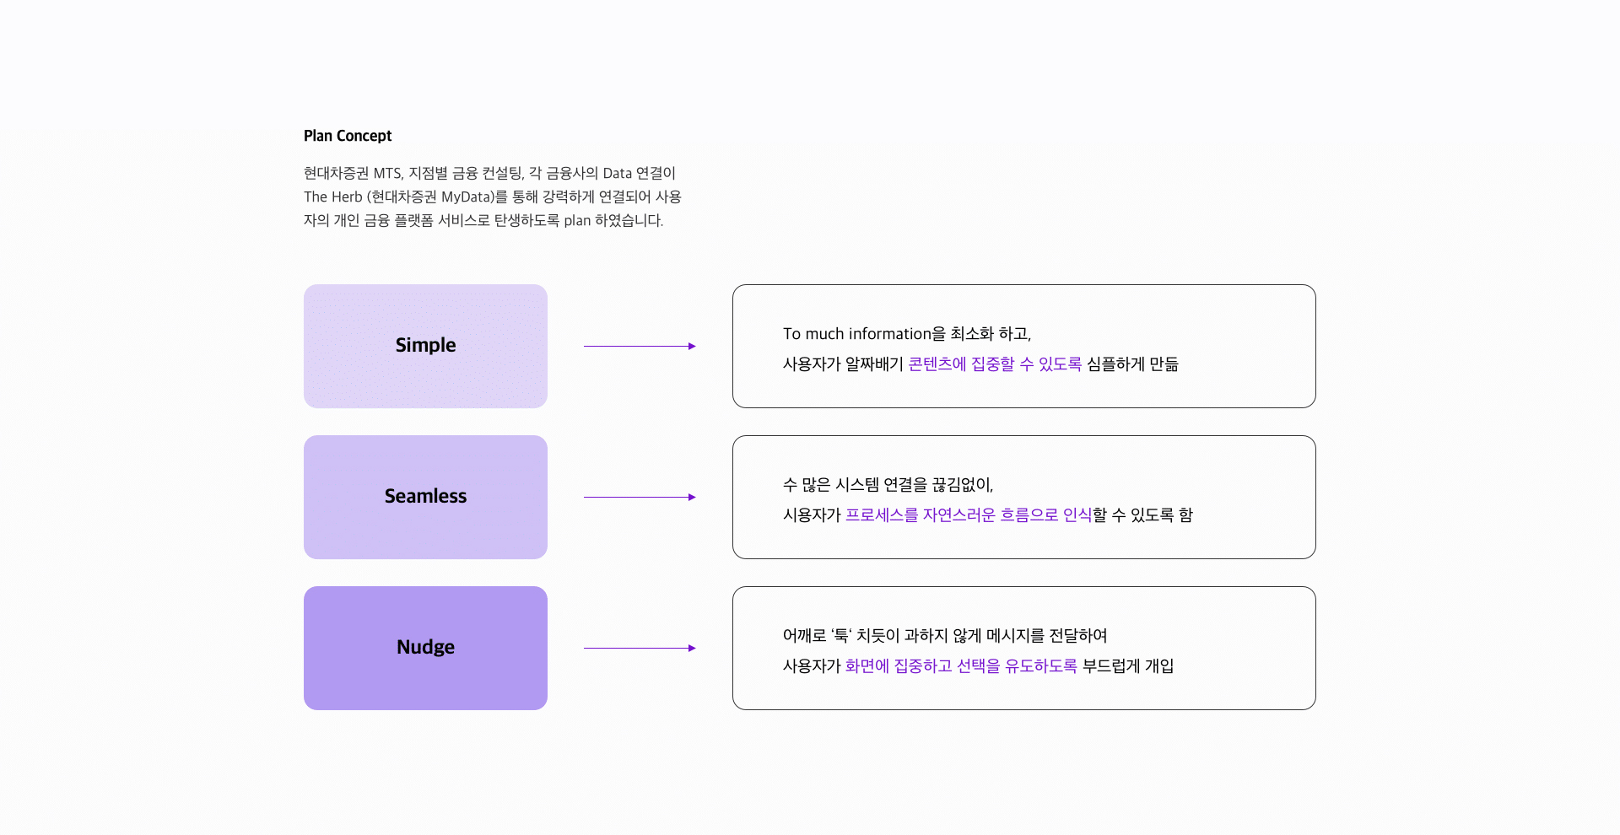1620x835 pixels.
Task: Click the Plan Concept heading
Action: coord(348,136)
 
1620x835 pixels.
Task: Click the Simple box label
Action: coord(425,345)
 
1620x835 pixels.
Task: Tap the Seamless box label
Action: coord(425,496)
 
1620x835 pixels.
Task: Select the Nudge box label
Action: coord(425,647)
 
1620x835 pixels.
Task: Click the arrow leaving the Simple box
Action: coord(640,346)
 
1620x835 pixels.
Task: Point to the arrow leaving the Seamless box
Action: coord(640,497)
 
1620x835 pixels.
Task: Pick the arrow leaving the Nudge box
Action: coord(640,648)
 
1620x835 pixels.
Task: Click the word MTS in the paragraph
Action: coord(387,173)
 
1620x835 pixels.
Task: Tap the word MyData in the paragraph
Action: coord(467,197)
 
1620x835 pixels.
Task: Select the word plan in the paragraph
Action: coord(577,220)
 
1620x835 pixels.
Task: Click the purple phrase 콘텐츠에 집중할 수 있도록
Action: coord(995,364)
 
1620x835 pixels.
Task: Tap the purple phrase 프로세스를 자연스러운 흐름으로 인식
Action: coord(969,515)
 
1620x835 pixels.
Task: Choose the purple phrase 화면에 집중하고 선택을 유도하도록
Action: coord(961,666)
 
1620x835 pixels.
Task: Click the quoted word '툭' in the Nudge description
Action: coord(841,636)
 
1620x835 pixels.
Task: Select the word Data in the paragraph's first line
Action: coord(617,173)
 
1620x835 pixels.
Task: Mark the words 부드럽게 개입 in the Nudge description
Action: coord(1128,666)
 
